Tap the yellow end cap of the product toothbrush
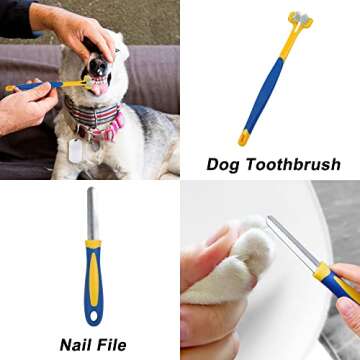(243, 138)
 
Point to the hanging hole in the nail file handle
(93, 316)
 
